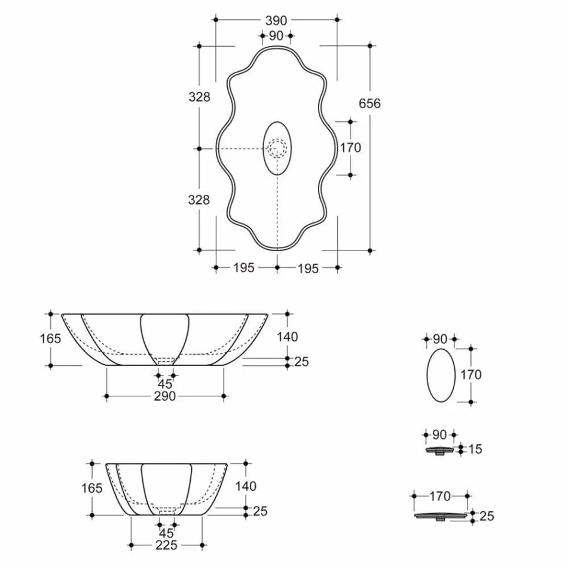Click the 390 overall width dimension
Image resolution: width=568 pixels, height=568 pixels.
tap(276, 20)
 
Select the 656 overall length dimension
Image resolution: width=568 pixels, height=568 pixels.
tap(369, 103)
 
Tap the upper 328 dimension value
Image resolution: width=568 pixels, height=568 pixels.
tap(199, 96)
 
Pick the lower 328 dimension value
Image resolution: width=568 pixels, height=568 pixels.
tap(199, 200)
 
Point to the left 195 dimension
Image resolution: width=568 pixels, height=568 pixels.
tap(244, 268)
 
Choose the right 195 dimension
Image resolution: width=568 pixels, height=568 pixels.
tap(308, 268)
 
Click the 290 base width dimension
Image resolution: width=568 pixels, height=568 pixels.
tap(164, 396)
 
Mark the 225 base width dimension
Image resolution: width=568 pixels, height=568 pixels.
tap(166, 545)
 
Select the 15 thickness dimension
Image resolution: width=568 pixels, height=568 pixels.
tap(475, 449)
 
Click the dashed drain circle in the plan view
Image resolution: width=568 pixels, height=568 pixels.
tap(277, 148)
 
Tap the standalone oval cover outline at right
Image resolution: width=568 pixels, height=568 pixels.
tap(441, 375)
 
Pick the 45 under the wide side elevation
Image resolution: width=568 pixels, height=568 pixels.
tap(165, 384)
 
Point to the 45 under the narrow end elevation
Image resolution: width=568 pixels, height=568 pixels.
tap(166, 533)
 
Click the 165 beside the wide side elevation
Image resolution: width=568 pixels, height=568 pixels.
tap(51, 338)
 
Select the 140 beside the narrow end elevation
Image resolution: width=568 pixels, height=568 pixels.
tap(245, 486)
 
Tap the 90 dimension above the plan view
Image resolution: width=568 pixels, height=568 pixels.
tap(276, 36)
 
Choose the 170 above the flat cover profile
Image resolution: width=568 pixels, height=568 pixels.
tap(440, 496)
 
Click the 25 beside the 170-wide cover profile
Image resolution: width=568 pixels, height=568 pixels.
tap(487, 516)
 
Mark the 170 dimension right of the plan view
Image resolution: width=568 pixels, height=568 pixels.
tap(350, 148)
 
